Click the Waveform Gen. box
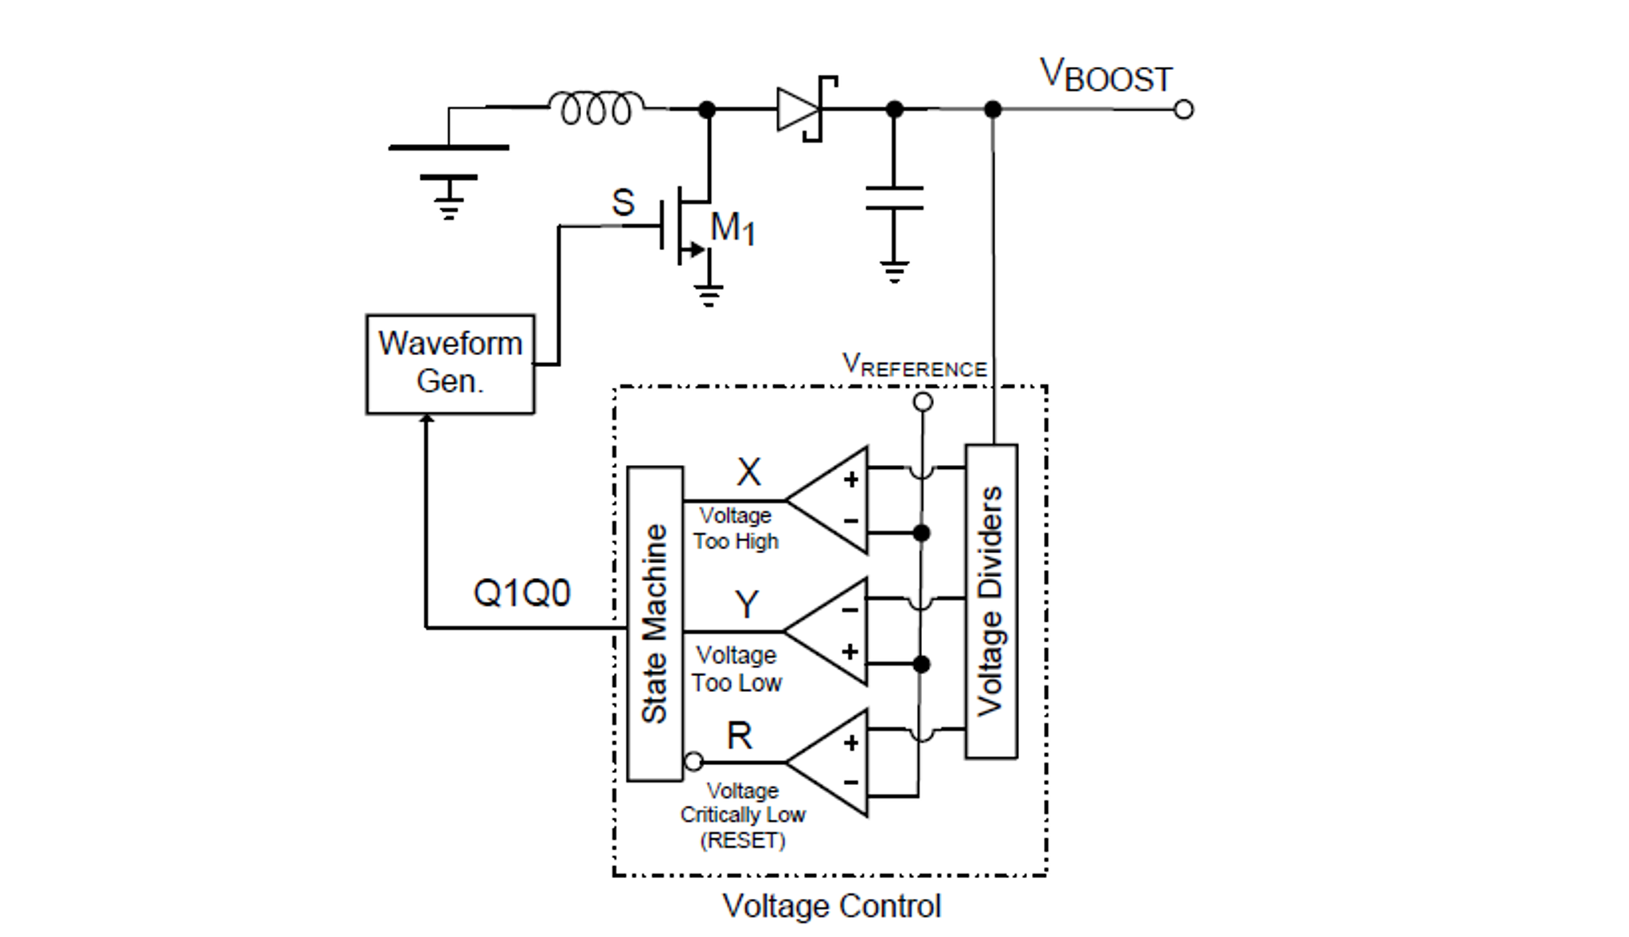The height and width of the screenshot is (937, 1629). click(x=450, y=364)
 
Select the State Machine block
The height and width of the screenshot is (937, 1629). click(x=654, y=623)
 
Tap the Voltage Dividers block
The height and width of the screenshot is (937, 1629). click(x=990, y=601)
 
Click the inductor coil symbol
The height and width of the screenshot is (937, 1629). click(x=596, y=107)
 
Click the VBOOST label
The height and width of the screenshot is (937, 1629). click(x=1105, y=76)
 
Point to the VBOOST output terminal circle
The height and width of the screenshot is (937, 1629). click(x=1183, y=109)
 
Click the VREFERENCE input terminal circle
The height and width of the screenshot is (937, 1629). click(x=922, y=402)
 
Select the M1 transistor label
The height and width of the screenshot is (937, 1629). click(x=732, y=228)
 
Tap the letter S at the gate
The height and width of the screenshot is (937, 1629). click(x=623, y=202)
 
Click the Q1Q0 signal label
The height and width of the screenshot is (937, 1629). click(x=522, y=593)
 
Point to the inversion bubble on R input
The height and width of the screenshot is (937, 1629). click(x=693, y=762)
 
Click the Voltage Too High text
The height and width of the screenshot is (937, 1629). click(x=735, y=529)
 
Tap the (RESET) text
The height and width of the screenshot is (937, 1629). click(x=742, y=841)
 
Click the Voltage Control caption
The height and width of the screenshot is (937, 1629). click(x=830, y=906)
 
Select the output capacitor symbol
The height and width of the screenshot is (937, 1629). click(x=894, y=198)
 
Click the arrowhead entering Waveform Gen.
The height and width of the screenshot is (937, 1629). click(x=427, y=419)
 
